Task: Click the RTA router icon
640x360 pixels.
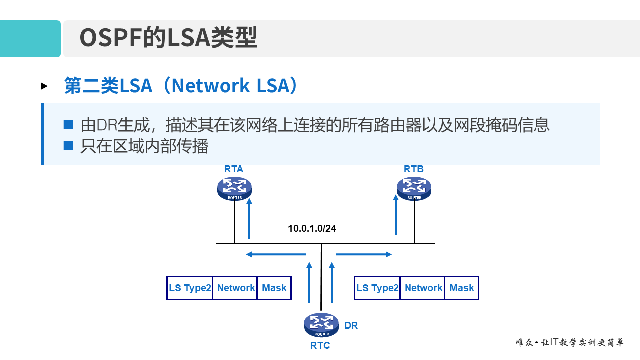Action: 234,188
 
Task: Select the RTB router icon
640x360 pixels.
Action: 414,188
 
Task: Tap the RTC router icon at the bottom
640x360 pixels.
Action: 321,325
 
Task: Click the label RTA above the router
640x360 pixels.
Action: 234,169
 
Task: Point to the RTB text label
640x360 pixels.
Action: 414,169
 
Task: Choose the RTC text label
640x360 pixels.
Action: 320,345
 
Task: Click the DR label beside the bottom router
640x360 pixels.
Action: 351,325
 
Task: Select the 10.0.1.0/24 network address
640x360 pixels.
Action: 312,229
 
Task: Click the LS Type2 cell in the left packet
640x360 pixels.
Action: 190,288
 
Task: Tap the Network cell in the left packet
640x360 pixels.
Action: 235,288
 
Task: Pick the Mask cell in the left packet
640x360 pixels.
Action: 274,288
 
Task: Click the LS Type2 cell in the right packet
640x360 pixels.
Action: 377,288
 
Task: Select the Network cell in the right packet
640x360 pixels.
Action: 423,288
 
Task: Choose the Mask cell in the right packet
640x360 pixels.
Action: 461,288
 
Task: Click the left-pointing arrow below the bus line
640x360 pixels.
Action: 275,255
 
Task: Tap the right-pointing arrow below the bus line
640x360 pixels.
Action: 364,255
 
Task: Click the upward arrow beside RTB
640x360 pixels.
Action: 396,215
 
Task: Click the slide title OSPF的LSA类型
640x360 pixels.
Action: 168,38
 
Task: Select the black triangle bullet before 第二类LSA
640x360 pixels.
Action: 44,86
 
